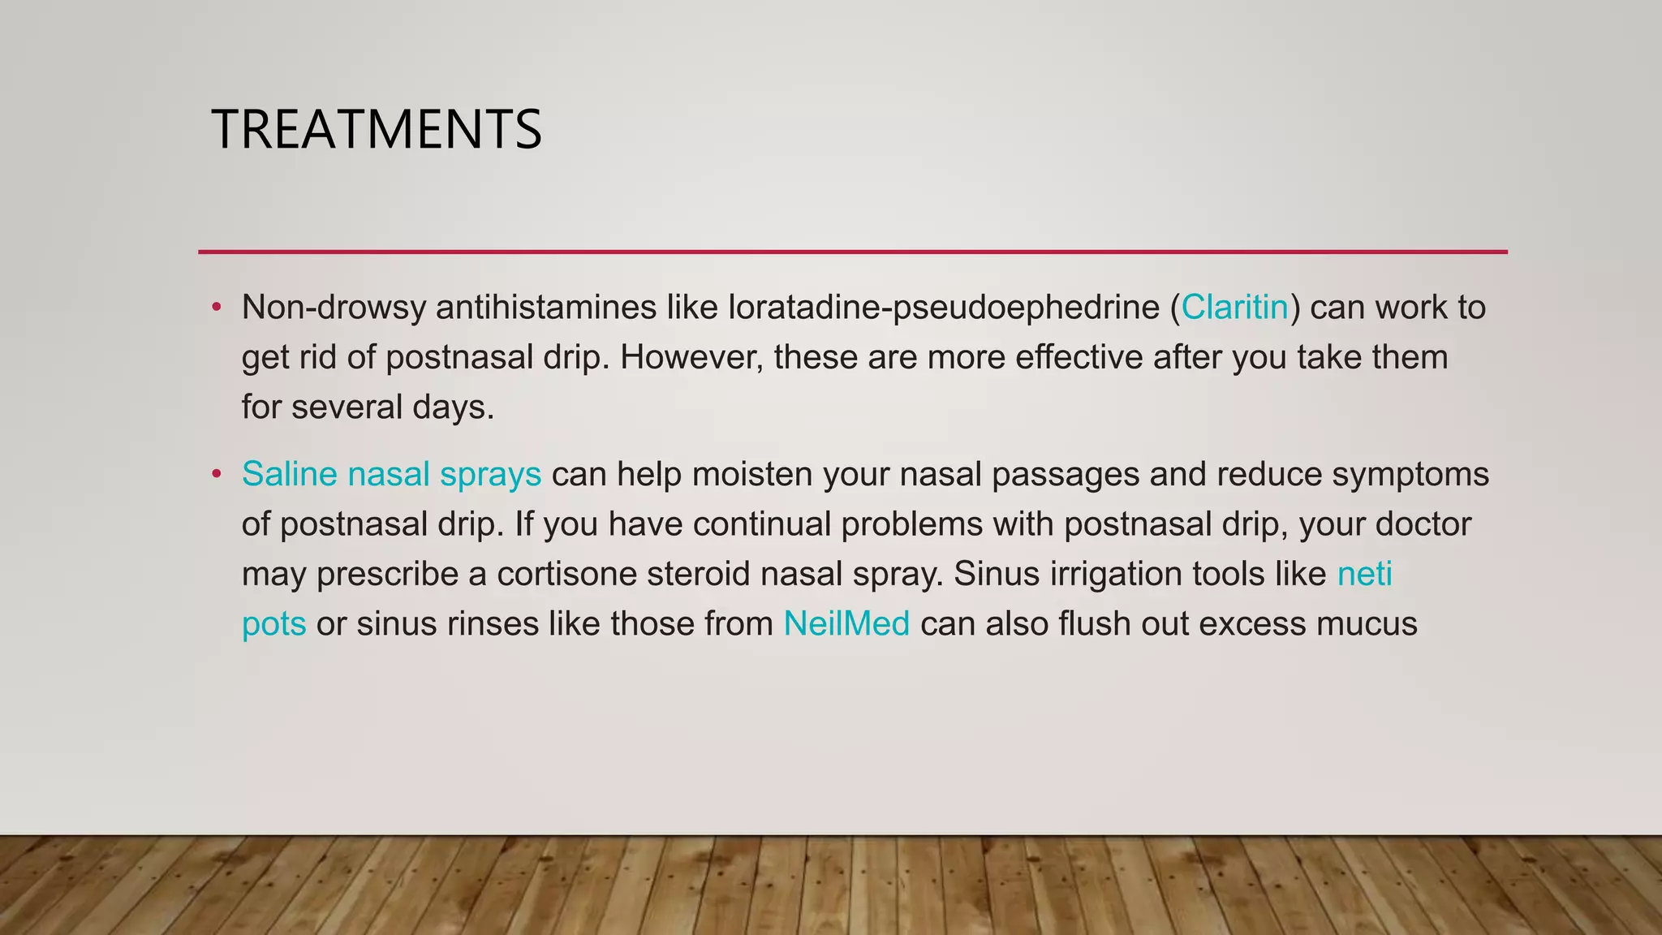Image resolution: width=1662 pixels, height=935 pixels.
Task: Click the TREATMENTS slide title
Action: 377,130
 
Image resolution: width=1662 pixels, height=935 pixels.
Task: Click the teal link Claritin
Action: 1234,308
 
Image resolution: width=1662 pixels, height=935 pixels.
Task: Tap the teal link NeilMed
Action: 846,624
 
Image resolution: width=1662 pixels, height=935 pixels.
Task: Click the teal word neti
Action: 1365,574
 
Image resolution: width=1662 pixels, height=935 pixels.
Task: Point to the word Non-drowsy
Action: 334,308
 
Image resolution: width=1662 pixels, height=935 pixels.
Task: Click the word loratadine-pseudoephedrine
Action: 945,308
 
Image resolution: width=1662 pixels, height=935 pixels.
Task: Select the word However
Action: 691,358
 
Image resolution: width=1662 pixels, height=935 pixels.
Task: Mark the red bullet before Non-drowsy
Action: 216,308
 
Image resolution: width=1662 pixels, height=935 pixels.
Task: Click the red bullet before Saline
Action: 216,474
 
